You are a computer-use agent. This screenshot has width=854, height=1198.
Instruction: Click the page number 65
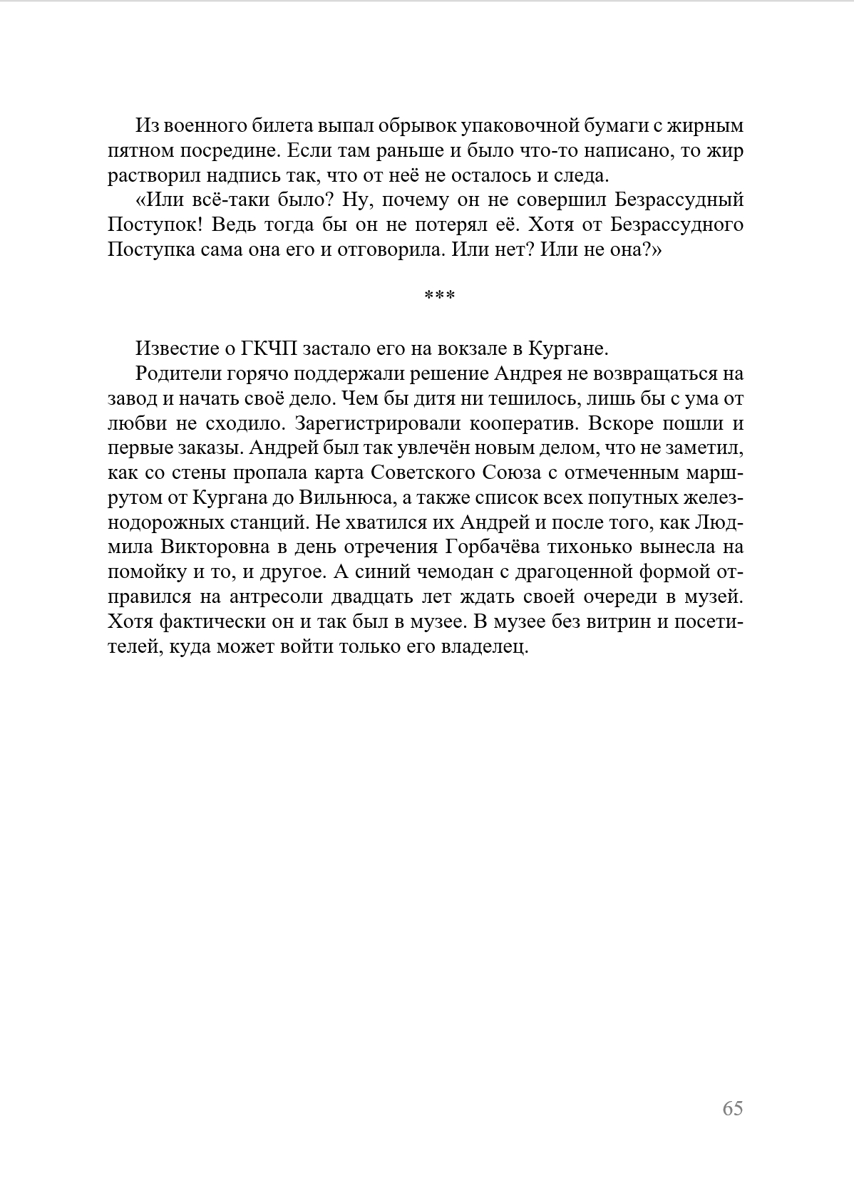pyautogui.click(x=732, y=1108)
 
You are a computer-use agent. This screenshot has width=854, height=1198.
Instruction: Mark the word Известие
pyautogui.click(x=178, y=348)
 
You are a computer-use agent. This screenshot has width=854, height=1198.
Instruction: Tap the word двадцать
pyautogui.click(x=421, y=597)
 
